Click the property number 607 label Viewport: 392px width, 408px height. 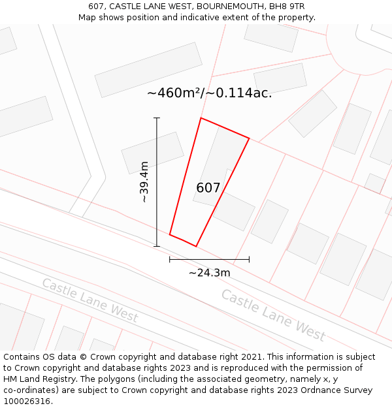point(208,188)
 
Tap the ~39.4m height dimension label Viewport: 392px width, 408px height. point(145,182)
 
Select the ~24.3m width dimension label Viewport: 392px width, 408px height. point(209,273)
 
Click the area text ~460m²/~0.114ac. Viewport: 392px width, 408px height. point(209,93)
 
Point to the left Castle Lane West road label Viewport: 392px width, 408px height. point(90,300)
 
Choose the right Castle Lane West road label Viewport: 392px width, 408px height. point(272,315)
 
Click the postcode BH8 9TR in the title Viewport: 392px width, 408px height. point(287,7)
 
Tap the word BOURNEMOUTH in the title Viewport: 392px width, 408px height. point(224,7)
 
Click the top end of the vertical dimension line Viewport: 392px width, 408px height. point(157,118)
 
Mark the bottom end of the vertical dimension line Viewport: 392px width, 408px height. point(157,246)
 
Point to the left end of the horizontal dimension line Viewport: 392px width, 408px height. point(170,259)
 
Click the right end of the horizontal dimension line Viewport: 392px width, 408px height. point(249,259)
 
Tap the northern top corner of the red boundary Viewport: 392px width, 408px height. point(201,118)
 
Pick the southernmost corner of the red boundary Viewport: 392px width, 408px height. point(196,246)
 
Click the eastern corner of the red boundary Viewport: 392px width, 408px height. point(249,138)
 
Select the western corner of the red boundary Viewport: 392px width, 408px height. point(170,234)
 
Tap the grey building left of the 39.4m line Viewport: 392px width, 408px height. point(152,153)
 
